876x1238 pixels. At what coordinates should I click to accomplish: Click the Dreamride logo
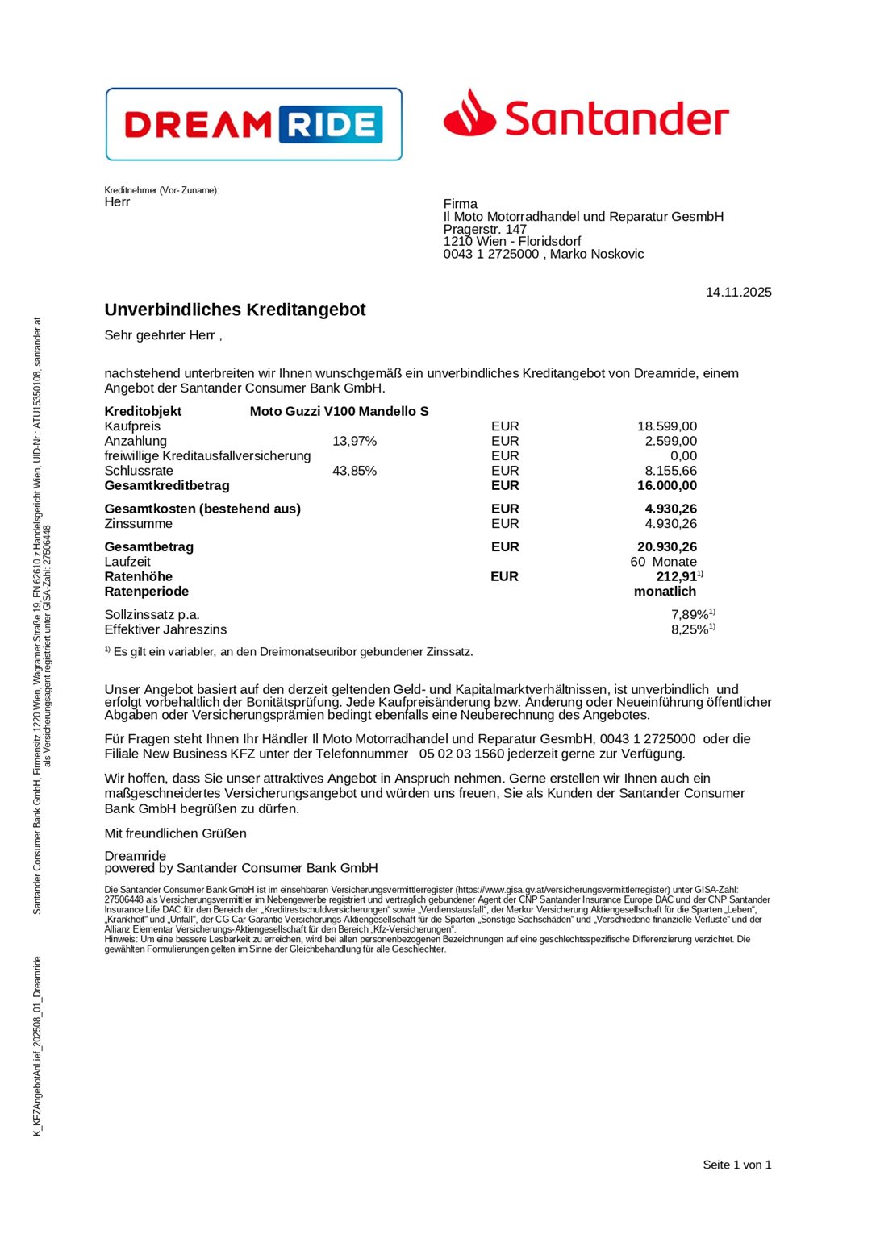pyautogui.click(x=253, y=124)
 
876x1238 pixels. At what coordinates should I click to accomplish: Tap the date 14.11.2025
pyautogui.click(x=738, y=292)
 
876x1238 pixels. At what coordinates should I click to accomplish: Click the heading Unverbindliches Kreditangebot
pyautogui.click(x=235, y=309)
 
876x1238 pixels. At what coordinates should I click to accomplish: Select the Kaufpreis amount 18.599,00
pyautogui.click(x=667, y=426)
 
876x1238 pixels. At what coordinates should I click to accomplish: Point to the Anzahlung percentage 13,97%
pyautogui.click(x=354, y=441)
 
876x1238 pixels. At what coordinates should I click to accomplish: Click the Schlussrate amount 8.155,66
pyautogui.click(x=670, y=471)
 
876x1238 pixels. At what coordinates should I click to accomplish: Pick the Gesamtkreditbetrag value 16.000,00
pyautogui.click(x=667, y=485)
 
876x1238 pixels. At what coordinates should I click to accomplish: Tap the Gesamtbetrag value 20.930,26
pyautogui.click(x=667, y=546)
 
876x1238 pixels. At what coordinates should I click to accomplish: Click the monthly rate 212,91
pyautogui.click(x=677, y=576)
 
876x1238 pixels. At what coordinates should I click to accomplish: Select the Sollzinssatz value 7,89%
pyautogui.click(x=690, y=615)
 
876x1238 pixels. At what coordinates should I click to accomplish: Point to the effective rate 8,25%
pyautogui.click(x=690, y=629)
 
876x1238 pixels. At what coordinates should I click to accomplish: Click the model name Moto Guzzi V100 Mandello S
pyautogui.click(x=339, y=411)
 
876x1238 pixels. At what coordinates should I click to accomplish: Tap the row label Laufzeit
pyautogui.click(x=127, y=562)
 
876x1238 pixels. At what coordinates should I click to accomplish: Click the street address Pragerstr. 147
pyautogui.click(x=485, y=229)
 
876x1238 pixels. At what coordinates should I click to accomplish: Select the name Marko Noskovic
pyautogui.click(x=597, y=254)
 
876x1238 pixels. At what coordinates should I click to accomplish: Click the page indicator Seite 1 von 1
pyautogui.click(x=736, y=1165)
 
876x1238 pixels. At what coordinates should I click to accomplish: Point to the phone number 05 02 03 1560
pyautogui.click(x=461, y=754)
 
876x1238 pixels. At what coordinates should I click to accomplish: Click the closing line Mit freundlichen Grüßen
pyautogui.click(x=175, y=833)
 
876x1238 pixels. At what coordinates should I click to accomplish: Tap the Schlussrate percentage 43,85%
pyautogui.click(x=354, y=471)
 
